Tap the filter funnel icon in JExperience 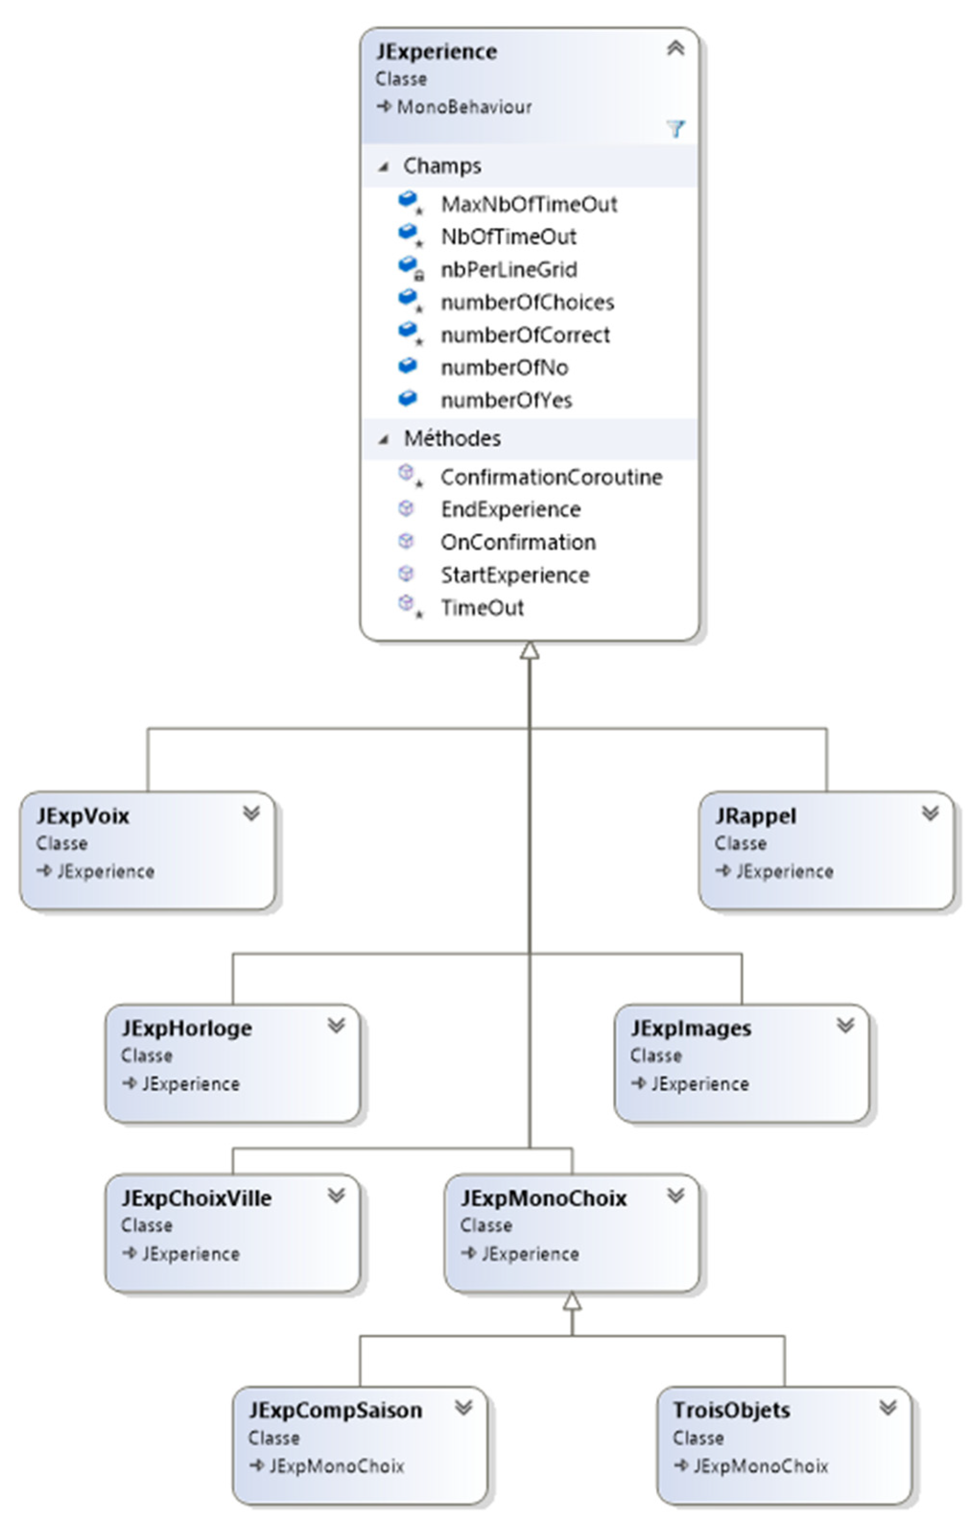[675, 129]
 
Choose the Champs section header [442, 166]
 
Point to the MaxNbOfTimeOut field [528, 204]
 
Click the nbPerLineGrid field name [509, 270]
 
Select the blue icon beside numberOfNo [408, 365]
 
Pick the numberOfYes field [506, 400]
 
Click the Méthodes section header [452, 438]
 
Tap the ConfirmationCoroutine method [551, 477]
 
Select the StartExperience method [514, 575]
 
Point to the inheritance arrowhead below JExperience [530, 651]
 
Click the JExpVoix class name [83, 816]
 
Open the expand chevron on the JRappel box [930, 813]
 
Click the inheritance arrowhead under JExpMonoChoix [572, 1301]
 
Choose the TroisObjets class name [731, 1410]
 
